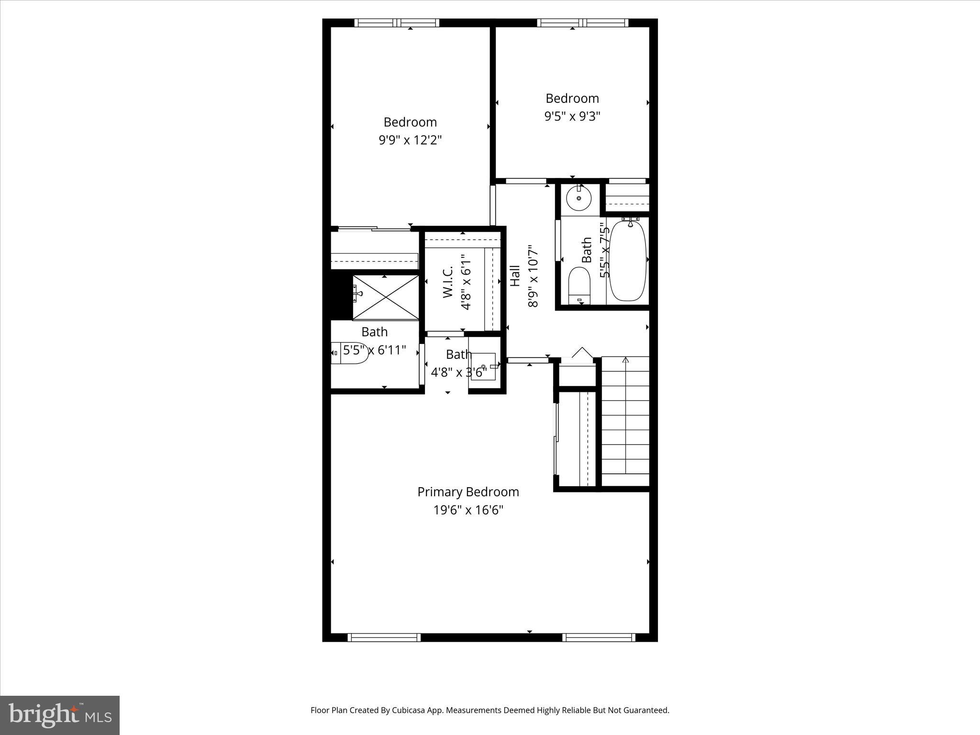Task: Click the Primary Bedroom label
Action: click(x=468, y=492)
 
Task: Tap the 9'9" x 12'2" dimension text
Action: click(x=410, y=140)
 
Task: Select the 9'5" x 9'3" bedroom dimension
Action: click(x=572, y=116)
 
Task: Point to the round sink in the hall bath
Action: click(x=579, y=198)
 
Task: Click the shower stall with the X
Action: click(x=386, y=297)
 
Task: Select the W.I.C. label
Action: click(x=448, y=282)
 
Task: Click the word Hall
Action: click(x=515, y=276)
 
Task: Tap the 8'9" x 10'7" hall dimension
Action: click(x=533, y=276)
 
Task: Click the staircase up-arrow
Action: click(x=625, y=360)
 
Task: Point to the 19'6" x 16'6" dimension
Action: click(x=468, y=510)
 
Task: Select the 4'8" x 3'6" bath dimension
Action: click(x=458, y=372)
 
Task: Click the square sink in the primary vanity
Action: click(x=483, y=366)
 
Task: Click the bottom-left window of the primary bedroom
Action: click(x=384, y=637)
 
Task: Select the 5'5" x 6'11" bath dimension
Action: click(x=374, y=350)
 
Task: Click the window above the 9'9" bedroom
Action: click(x=397, y=22)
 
